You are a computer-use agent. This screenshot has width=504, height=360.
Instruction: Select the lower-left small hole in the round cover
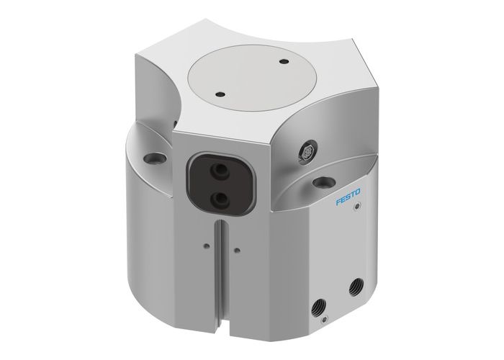click(x=215, y=93)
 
